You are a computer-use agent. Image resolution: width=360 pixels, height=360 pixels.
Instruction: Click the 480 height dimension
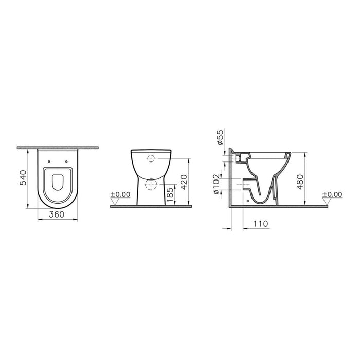[x=300, y=180]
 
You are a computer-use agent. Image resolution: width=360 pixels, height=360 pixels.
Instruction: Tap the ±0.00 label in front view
[x=120, y=194]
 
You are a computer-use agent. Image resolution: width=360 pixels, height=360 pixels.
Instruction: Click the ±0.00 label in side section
[x=332, y=194]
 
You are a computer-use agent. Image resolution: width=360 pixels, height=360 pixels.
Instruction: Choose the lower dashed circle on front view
[x=151, y=185]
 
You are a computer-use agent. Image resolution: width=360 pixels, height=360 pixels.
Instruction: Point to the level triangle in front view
[x=115, y=201]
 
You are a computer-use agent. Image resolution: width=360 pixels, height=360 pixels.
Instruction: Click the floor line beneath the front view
[x=151, y=206]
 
